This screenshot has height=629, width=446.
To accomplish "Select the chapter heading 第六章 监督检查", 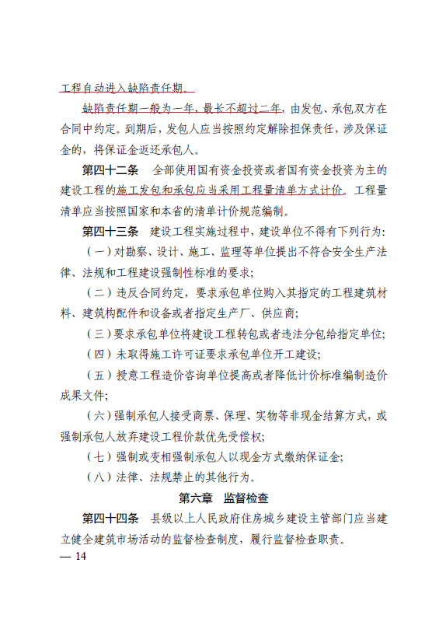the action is (223, 498).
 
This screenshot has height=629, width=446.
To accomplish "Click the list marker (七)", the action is (99, 456).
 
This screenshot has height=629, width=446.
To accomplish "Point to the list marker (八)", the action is (99, 477).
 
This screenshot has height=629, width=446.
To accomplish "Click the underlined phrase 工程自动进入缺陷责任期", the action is (124, 87).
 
